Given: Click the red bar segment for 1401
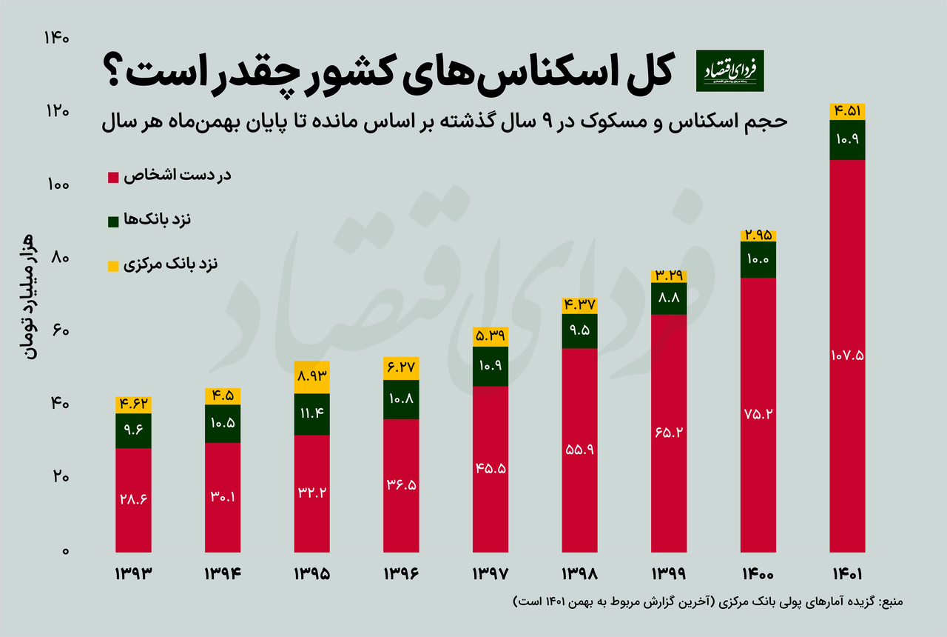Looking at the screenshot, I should (847, 356).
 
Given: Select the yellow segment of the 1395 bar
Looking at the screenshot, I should (311, 377).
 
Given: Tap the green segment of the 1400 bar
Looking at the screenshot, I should (758, 259).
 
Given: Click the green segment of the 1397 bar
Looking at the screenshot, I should (490, 366).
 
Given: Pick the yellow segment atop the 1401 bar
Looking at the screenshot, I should (847, 111).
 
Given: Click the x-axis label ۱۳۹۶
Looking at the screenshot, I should (401, 574).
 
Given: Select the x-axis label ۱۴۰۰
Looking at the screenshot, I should (758, 574).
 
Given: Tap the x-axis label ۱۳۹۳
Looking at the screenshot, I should (133, 574).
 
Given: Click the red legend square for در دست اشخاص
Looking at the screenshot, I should (113, 177).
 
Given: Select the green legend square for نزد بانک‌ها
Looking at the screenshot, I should (113, 221).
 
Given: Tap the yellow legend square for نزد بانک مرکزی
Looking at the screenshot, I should (113, 265).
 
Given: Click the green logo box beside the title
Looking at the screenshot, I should (730, 70).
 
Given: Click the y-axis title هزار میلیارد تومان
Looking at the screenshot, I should (30, 296).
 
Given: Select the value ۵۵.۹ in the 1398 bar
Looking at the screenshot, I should (579, 450).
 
